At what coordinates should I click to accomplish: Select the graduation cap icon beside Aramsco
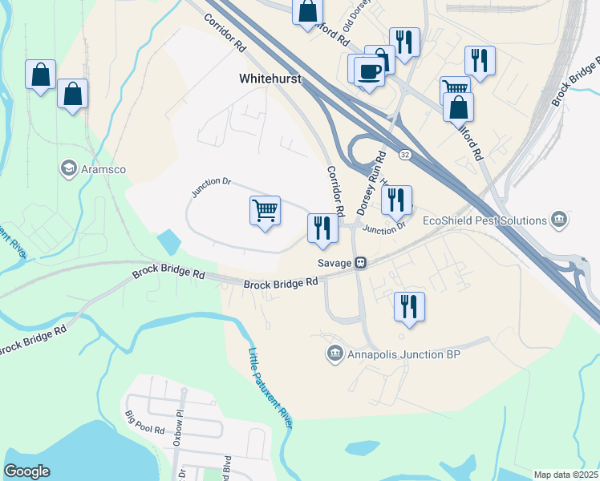click(68, 169)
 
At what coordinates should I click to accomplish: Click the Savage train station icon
click(362, 262)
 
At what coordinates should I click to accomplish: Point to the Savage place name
click(335, 262)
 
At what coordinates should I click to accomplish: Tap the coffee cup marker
click(369, 72)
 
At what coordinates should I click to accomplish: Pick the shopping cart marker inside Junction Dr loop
click(265, 211)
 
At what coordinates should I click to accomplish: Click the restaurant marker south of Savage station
click(409, 306)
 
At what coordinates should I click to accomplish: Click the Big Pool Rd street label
click(145, 423)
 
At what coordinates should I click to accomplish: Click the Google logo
click(26, 471)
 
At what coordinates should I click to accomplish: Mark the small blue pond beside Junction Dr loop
click(169, 240)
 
